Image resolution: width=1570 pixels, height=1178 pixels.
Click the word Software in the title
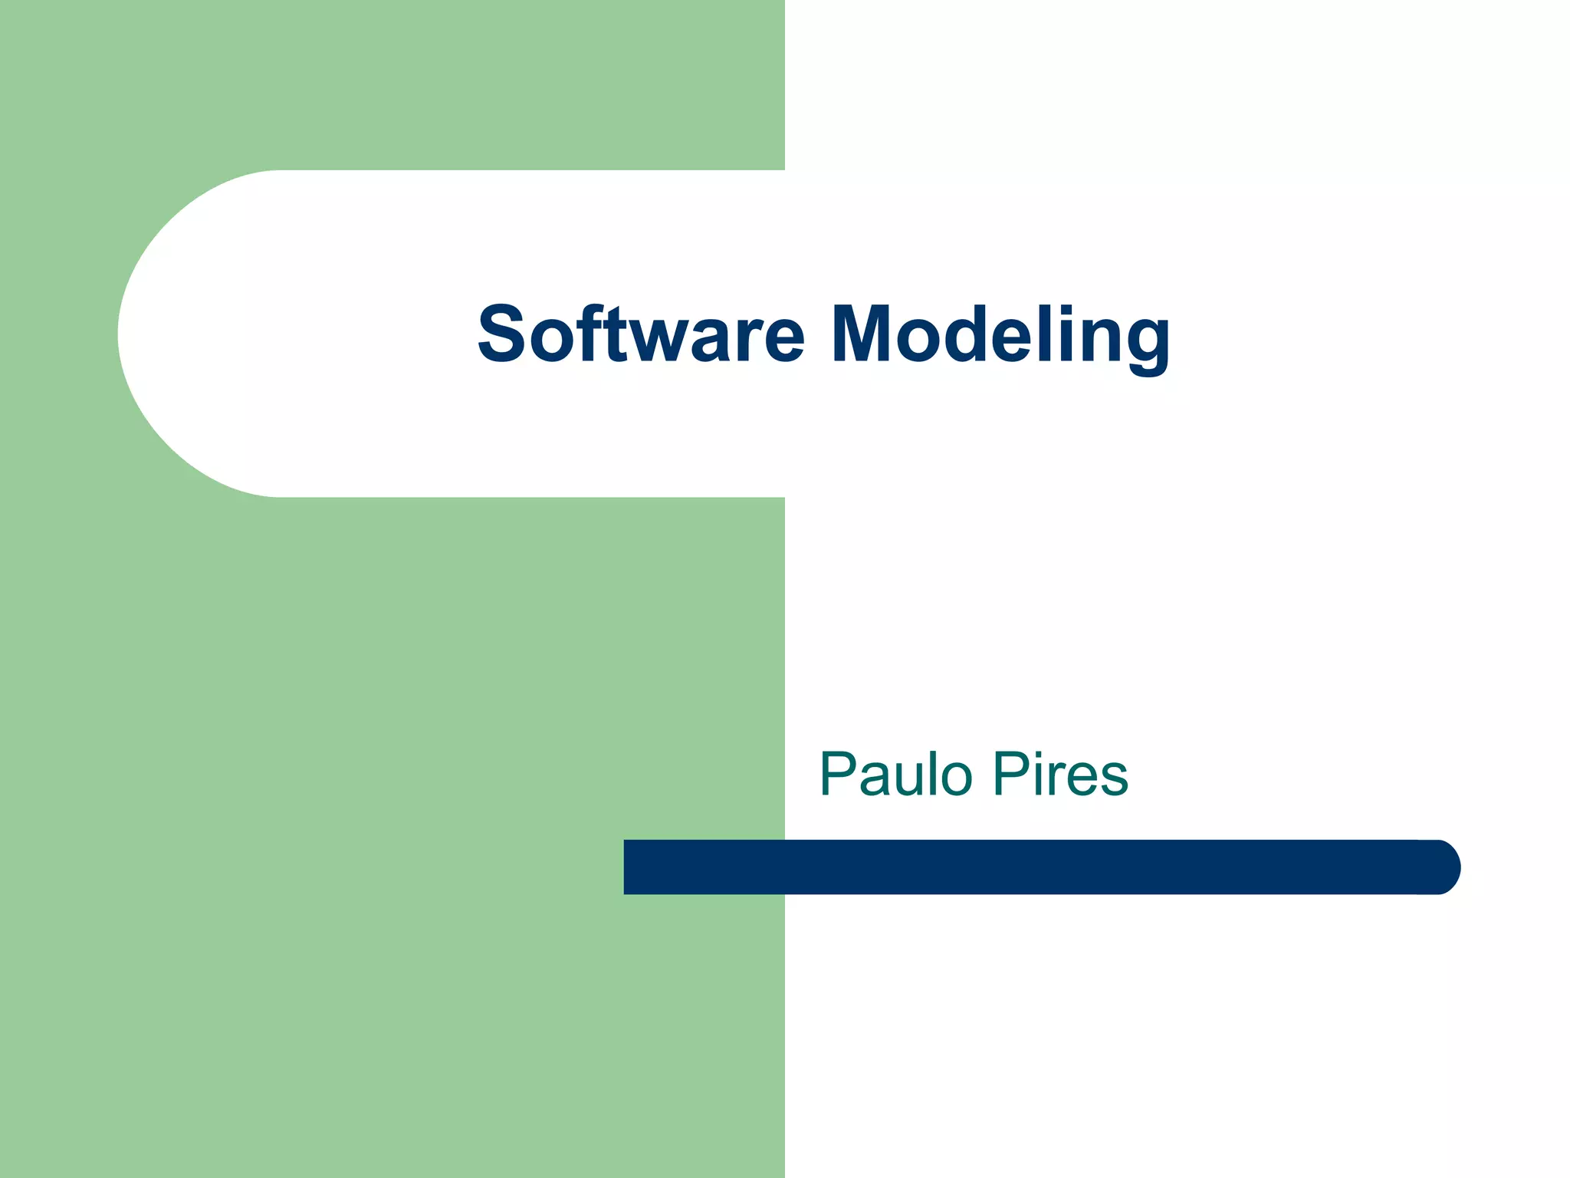click(641, 334)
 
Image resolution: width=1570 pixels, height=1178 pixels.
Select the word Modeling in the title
click(1000, 334)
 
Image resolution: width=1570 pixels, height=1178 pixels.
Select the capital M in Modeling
click(862, 334)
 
